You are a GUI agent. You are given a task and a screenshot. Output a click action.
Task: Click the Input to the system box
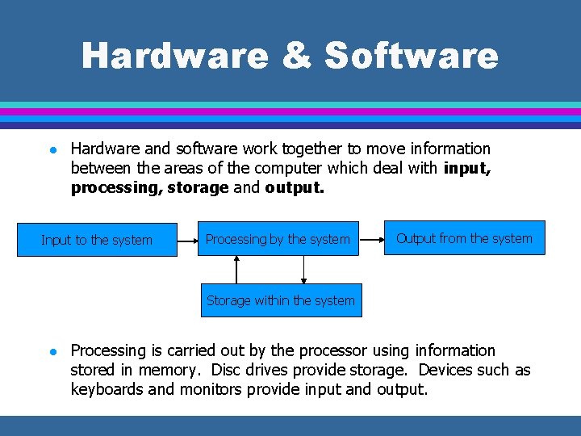click(97, 240)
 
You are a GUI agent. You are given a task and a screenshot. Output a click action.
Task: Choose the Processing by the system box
click(278, 239)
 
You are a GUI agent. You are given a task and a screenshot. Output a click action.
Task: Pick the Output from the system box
click(464, 238)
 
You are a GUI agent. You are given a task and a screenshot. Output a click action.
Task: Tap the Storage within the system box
click(280, 300)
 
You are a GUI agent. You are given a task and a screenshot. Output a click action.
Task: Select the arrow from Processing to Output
click(371, 239)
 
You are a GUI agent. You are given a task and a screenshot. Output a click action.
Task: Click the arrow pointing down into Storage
click(303, 270)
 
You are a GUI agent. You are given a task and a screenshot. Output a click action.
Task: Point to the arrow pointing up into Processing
click(236, 270)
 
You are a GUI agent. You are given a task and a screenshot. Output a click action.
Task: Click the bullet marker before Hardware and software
click(51, 149)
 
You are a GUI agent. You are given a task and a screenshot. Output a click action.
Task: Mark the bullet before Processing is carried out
click(51, 351)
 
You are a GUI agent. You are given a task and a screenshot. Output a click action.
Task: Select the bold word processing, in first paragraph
click(116, 187)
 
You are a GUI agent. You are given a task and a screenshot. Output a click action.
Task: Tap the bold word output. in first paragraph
click(295, 187)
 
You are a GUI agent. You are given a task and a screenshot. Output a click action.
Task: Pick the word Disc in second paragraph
click(228, 371)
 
